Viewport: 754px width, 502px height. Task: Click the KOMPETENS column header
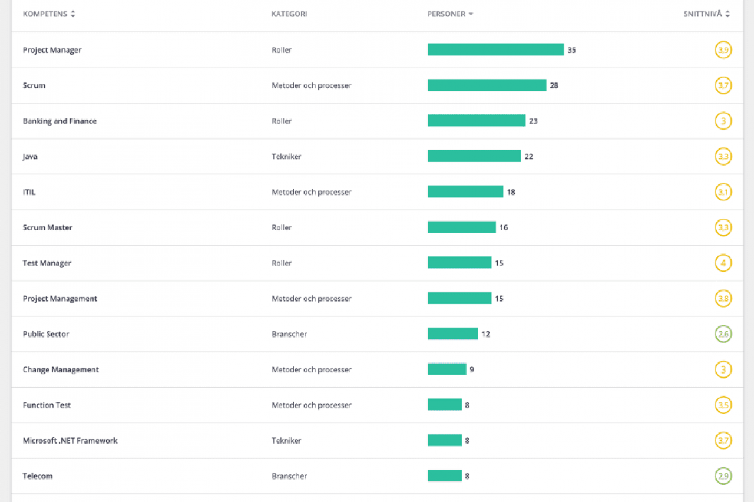pos(45,14)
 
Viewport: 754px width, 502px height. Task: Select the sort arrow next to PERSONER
pos(471,14)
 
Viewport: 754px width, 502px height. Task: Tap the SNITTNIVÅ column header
pos(702,14)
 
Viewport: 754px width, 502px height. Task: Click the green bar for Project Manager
pos(495,50)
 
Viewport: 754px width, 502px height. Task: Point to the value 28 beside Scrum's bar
pos(554,85)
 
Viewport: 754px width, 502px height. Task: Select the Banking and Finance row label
pos(59,121)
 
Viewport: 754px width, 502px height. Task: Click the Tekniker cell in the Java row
pos(286,157)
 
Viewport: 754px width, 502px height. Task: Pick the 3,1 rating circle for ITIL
pos(723,192)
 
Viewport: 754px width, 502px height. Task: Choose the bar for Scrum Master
pos(461,227)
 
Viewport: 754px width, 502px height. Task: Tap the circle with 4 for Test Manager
pos(723,263)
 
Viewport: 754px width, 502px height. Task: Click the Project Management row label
pos(59,299)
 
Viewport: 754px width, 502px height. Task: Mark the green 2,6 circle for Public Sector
pos(723,334)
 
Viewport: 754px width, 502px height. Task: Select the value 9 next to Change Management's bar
pos(472,370)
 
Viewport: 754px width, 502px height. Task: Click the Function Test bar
pos(444,405)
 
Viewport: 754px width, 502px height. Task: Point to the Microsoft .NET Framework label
pos(70,441)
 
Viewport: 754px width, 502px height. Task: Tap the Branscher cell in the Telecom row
pos(289,476)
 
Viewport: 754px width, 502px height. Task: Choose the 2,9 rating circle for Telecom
pos(723,476)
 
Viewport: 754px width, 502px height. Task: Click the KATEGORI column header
pos(289,14)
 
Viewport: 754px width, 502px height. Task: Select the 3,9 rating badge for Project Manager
pos(723,50)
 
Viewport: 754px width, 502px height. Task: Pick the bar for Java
pos(474,157)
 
